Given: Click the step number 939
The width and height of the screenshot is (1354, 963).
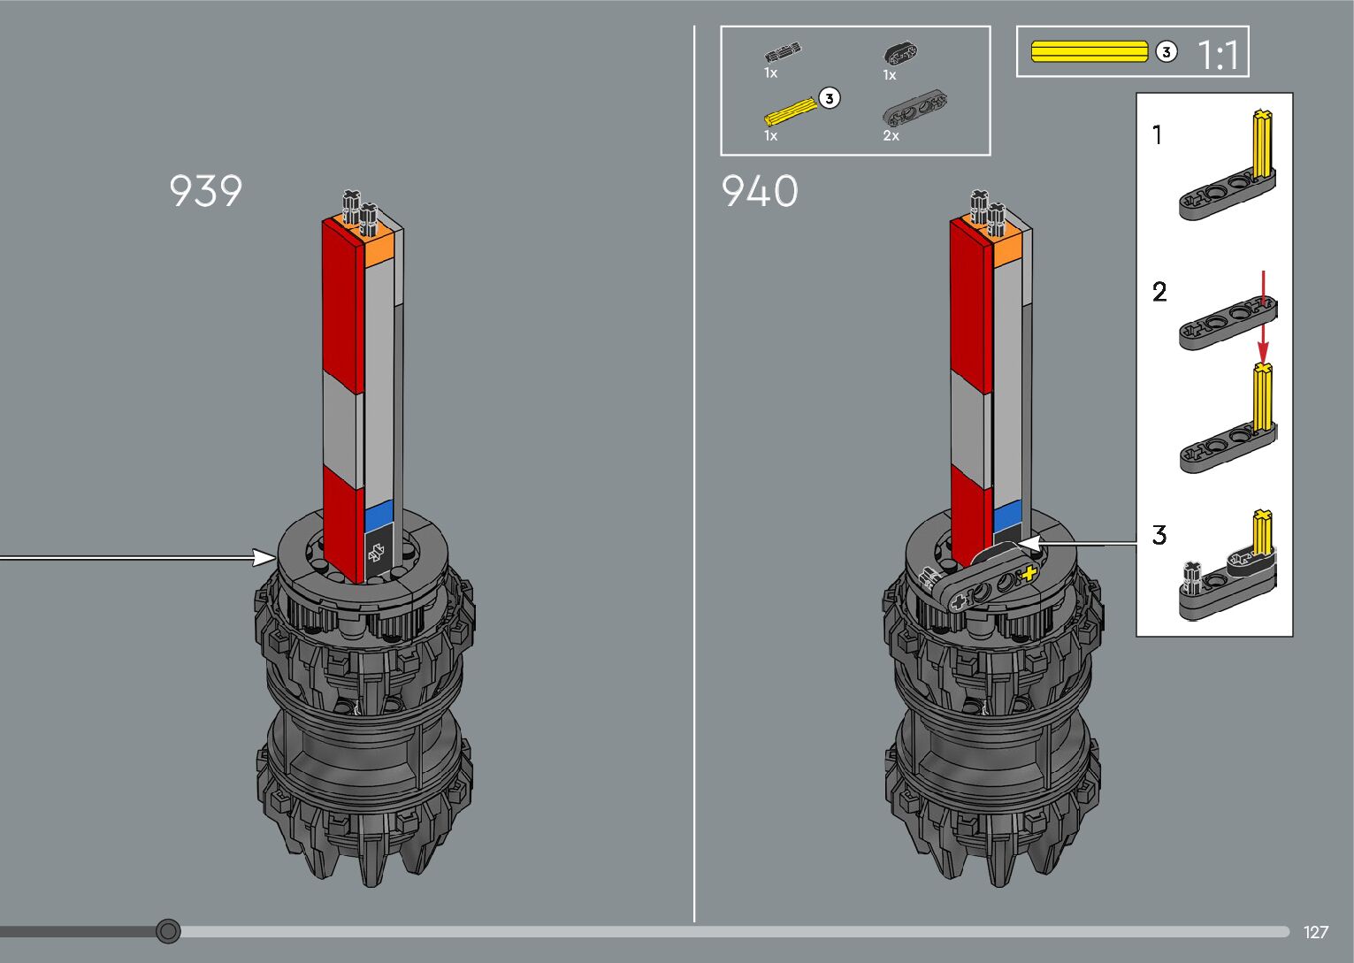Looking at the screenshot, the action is (x=205, y=191).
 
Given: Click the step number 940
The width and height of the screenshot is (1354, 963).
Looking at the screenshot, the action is (x=760, y=191).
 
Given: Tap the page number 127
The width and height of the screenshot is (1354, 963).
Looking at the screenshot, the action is (x=1316, y=932).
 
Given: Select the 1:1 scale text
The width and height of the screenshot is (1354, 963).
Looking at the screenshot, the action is (x=1218, y=55).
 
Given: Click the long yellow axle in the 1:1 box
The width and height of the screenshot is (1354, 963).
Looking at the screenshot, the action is (x=1090, y=51).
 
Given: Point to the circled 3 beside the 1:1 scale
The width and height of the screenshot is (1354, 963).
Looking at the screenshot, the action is (x=1167, y=52).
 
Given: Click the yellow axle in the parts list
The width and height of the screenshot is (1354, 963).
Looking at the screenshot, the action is (x=790, y=111).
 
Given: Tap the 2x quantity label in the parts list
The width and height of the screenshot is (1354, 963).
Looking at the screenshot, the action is (x=891, y=136).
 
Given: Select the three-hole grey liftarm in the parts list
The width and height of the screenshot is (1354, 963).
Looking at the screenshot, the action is (x=914, y=108).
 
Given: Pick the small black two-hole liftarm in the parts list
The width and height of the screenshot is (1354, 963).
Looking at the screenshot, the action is (x=900, y=53).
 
